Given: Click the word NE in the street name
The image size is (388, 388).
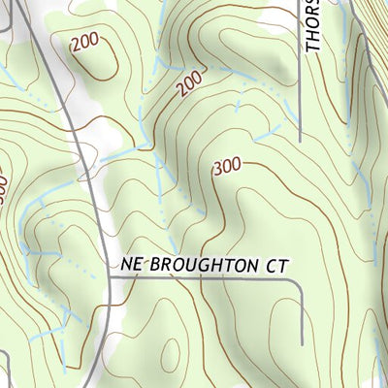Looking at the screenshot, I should [134, 264].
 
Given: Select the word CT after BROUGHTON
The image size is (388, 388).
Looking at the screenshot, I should [278, 264].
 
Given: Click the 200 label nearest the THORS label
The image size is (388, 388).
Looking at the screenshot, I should [193, 86].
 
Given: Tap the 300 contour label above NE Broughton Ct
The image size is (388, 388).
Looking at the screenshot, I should [226, 167].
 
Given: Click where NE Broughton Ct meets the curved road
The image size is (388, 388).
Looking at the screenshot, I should [109, 277].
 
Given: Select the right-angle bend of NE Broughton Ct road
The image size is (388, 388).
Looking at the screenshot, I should [302, 279].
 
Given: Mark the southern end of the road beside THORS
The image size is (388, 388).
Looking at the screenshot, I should [300, 142].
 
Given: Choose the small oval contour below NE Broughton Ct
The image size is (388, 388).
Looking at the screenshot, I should [172, 355].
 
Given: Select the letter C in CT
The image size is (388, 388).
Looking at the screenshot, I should [273, 264].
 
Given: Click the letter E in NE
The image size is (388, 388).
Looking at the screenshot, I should [140, 264].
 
